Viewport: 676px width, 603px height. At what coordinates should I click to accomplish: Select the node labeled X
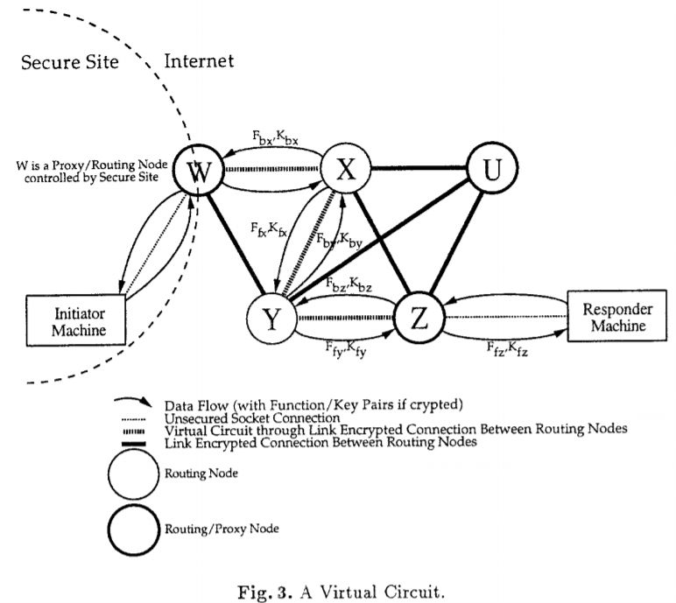tap(346, 170)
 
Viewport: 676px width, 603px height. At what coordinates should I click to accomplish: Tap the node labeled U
tap(493, 170)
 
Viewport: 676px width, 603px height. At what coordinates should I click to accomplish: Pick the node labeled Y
tap(271, 320)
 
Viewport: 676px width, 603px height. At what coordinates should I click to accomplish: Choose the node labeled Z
tap(419, 320)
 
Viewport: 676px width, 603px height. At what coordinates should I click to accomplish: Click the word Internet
tap(199, 61)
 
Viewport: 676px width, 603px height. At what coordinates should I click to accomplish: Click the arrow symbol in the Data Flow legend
tap(133, 403)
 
